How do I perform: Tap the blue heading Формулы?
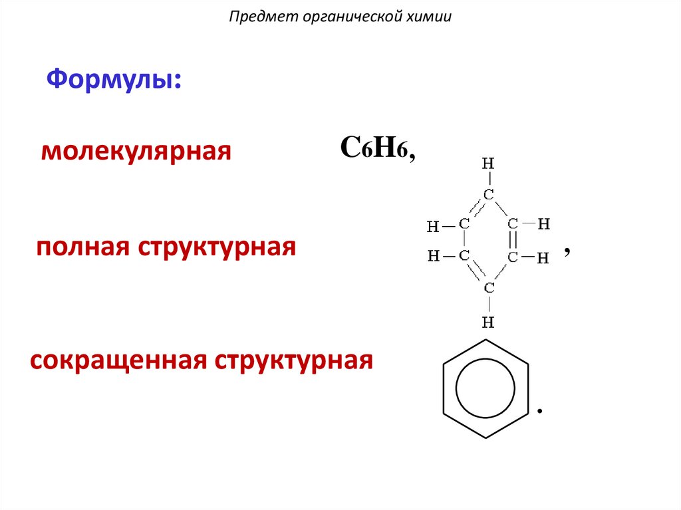click(x=114, y=80)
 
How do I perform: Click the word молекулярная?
click(x=136, y=152)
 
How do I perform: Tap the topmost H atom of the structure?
click(x=488, y=163)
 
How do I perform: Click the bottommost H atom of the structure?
click(x=488, y=323)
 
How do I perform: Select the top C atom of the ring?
click(x=488, y=195)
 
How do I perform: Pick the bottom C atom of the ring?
click(x=488, y=288)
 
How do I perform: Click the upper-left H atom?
click(x=434, y=227)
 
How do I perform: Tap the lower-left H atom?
click(x=434, y=256)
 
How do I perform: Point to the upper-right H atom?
click(x=543, y=224)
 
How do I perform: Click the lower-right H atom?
click(x=543, y=257)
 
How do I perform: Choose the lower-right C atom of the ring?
click(x=513, y=256)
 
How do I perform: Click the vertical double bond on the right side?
click(x=513, y=240)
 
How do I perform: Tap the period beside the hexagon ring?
click(x=540, y=412)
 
